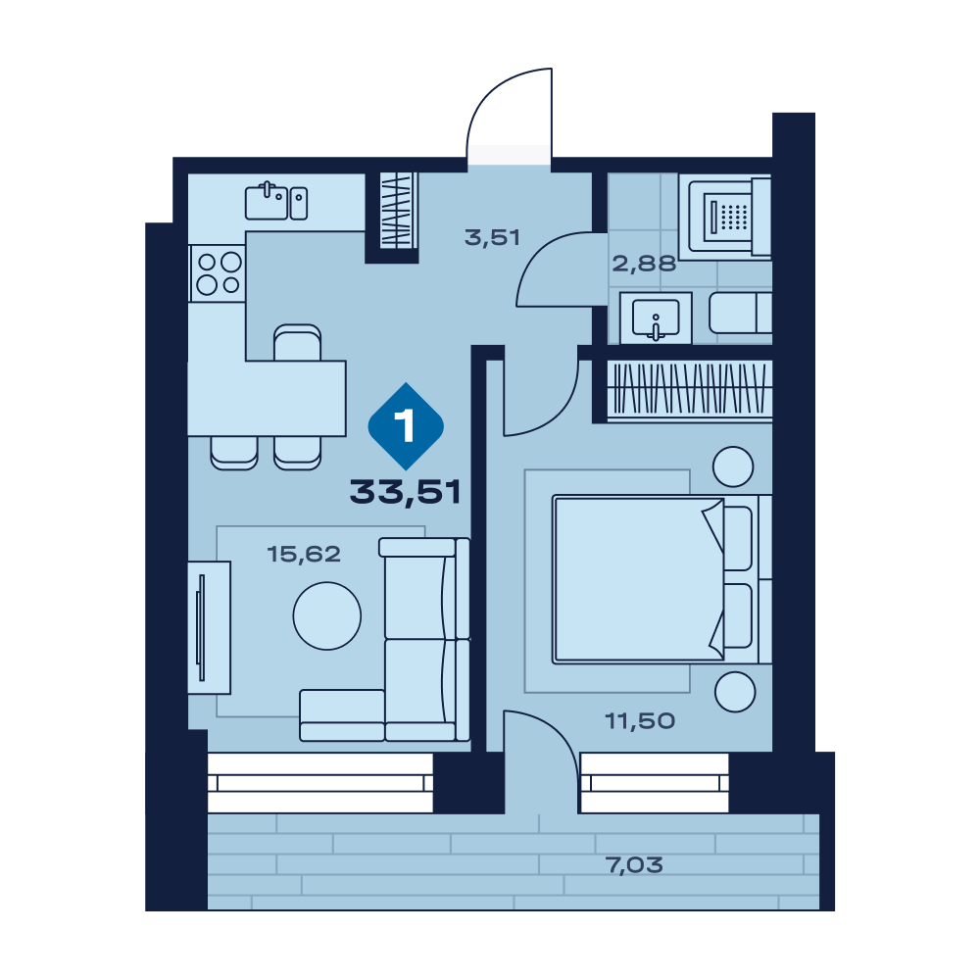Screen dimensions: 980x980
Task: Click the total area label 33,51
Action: click(405, 492)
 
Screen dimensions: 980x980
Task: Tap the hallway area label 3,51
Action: click(492, 237)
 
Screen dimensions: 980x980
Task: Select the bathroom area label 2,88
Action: click(644, 264)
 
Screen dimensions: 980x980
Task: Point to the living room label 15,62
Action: click(304, 554)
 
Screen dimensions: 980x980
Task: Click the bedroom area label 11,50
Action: click(640, 720)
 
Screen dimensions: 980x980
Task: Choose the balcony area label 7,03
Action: click(634, 865)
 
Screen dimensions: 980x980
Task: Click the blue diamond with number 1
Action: click(407, 426)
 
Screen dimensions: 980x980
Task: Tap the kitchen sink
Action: click(276, 201)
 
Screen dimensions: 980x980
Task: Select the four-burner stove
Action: click(218, 273)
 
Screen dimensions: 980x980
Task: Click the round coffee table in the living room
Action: click(327, 616)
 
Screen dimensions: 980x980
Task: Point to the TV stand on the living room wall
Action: click(210, 627)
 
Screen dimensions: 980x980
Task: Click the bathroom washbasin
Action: click(656, 318)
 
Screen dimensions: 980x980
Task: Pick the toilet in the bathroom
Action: click(740, 314)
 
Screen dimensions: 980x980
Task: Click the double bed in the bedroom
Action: click(661, 579)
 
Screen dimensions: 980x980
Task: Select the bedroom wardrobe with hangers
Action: click(690, 389)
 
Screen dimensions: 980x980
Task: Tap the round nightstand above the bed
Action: click(733, 466)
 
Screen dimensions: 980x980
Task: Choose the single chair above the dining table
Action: click(298, 342)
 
